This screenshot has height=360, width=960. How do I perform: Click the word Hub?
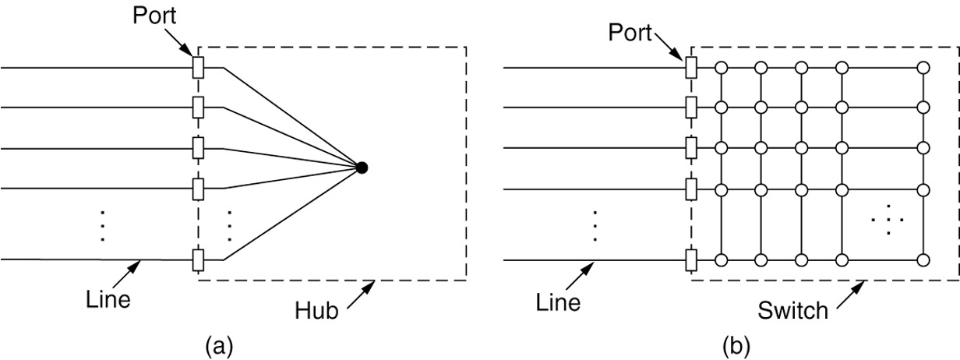315,311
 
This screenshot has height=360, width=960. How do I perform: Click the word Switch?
792,311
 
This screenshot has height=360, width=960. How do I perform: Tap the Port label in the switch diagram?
630,33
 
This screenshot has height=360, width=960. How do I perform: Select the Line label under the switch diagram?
558,302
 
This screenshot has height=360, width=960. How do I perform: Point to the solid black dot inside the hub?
361,167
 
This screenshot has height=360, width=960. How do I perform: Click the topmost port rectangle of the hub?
198,68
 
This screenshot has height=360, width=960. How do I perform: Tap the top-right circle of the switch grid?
923,68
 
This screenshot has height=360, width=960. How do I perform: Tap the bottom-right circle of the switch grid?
923,259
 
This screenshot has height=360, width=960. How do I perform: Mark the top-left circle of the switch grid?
722,68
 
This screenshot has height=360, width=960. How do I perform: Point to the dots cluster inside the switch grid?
888,221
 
